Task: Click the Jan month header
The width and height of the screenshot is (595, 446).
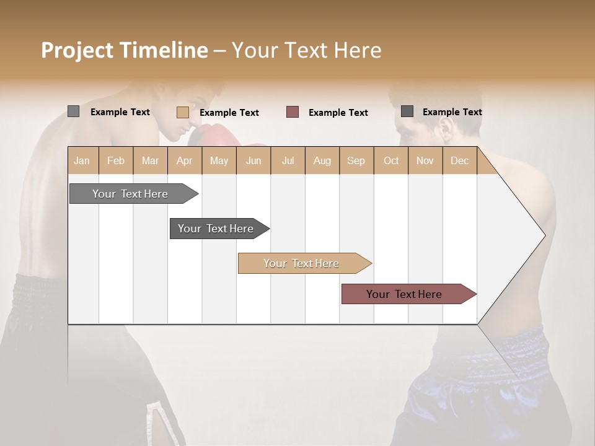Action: [x=82, y=160]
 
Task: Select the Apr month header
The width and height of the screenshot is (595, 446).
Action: [x=184, y=160]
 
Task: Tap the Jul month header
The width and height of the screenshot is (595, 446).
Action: [x=288, y=160]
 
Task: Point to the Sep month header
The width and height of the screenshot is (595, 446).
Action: [x=356, y=160]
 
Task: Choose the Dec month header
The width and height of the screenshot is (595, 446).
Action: [x=459, y=160]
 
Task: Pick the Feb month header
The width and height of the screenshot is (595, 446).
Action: [x=116, y=160]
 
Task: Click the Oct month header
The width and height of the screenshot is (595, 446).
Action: [x=391, y=160]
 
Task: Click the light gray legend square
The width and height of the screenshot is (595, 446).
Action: [x=74, y=111]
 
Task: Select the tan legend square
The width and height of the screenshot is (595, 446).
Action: [x=183, y=112]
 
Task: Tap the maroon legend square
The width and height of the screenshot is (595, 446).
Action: [x=293, y=112]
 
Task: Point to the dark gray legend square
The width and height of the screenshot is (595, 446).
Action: [x=407, y=111]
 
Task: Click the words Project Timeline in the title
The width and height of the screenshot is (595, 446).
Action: [x=125, y=50]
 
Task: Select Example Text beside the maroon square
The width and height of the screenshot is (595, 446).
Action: [x=338, y=113]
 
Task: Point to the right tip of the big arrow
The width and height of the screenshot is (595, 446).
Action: [x=544, y=235]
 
